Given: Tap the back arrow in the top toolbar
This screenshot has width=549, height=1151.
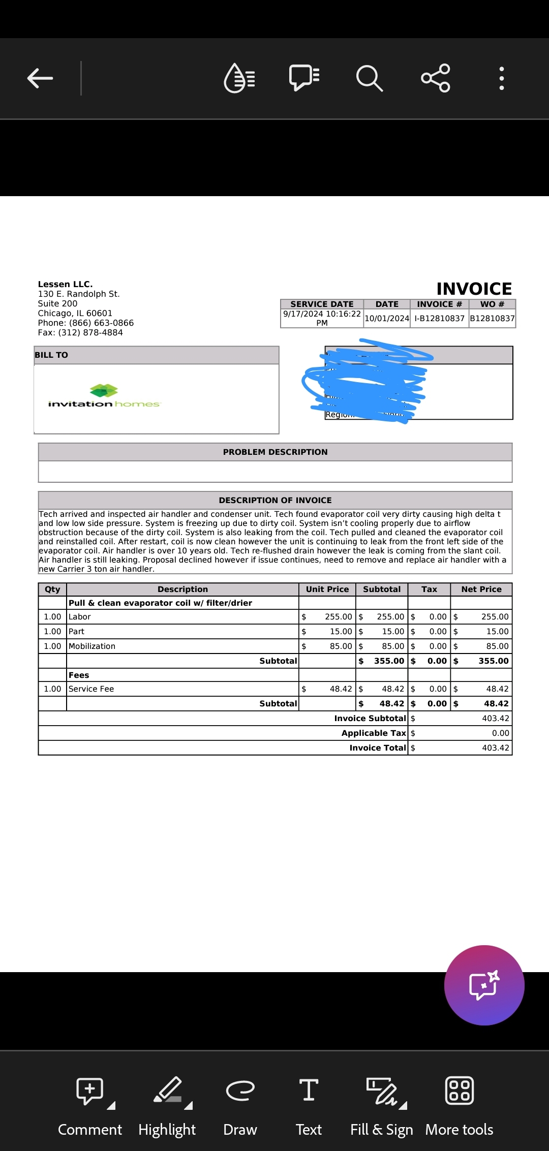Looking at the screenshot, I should pyautogui.click(x=40, y=78).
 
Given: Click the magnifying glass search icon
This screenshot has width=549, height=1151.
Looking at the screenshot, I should pyautogui.click(x=369, y=78).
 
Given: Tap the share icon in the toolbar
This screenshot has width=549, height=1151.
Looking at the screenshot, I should pyautogui.click(x=436, y=78).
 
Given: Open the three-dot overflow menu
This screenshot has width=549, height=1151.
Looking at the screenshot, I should pyautogui.click(x=501, y=78).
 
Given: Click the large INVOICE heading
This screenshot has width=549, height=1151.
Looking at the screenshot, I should pyautogui.click(x=474, y=289).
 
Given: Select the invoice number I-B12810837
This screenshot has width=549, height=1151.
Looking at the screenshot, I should pyautogui.click(x=439, y=319).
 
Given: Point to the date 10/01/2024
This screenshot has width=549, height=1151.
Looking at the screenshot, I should pyautogui.click(x=387, y=319).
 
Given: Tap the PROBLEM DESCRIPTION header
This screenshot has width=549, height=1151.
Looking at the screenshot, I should pyautogui.click(x=275, y=452).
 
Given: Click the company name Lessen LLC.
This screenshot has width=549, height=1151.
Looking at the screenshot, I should pyautogui.click(x=65, y=284).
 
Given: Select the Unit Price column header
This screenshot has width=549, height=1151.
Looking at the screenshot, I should pyautogui.click(x=327, y=589).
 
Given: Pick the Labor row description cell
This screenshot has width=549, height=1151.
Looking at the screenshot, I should pyautogui.click(x=80, y=616).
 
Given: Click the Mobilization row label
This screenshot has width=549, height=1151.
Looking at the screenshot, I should pyautogui.click(x=92, y=646).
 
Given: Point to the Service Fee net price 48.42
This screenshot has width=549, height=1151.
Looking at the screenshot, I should pyautogui.click(x=497, y=689).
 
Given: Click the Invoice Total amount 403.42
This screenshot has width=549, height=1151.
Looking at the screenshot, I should pyautogui.click(x=495, y=748).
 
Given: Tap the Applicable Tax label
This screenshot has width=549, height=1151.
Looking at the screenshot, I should pyautogui.click(x=374, y=733).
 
